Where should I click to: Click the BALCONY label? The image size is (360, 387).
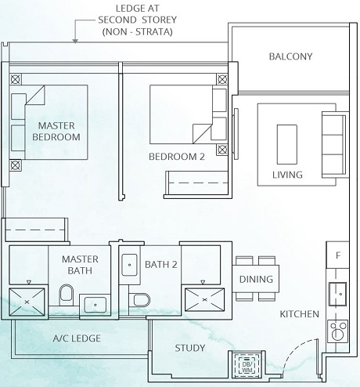290,56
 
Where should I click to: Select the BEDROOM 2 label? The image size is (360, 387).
176,157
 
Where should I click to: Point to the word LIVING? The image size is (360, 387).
287,175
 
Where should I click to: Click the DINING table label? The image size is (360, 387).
256,280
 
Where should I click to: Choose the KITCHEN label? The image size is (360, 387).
300,314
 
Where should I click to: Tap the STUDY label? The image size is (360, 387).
189,348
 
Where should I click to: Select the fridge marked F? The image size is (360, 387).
337,255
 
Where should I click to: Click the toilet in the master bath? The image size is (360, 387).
67,295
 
